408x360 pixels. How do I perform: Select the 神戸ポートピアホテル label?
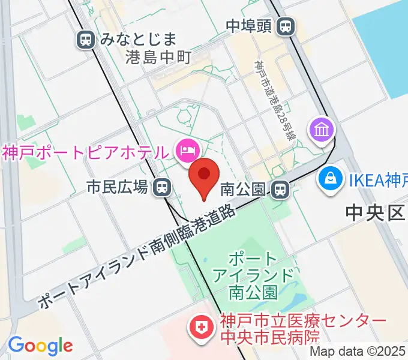pyautogui.click(x=85, y=151)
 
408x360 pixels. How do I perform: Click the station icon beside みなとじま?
pyautogui.click(x=86, y=40)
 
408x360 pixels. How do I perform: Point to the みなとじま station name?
pyautogui.click(x=139, y=40)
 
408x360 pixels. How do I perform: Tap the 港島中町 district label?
pyautogui.click(x=158, y=58)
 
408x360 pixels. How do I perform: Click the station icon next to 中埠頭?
pyautogui.click(x=287, y=26)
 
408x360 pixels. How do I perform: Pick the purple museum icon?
pyautogui.click(x=320, y=129)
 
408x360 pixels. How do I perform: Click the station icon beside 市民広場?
pyautogui.click(x=161, y=188)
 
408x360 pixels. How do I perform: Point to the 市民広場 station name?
pyautogui.click(x=118, y=188)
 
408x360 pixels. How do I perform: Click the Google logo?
pyautogui.click(x=40, y=345)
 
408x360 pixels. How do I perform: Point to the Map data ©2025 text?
pyautogui.click(x=357, y=352)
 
